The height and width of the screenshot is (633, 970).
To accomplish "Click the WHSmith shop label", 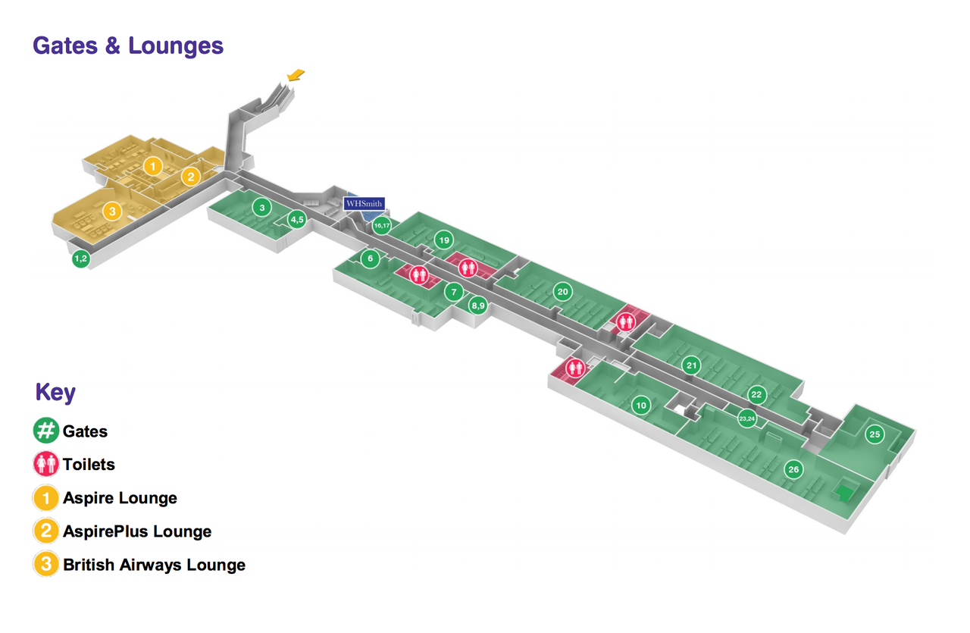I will click(x=365, y=204).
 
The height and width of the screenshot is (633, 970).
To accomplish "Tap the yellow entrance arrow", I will click(x=296, y=74).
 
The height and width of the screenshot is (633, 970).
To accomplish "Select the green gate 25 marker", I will click(x=875, y=434).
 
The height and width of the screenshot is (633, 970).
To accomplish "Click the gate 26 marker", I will click(x=793, y=469).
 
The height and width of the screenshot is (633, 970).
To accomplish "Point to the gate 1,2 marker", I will click(x=81, y=259).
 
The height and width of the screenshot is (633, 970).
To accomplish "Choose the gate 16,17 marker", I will click(x=382, y=225).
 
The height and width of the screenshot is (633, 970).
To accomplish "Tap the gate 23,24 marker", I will click(x=747, y=418).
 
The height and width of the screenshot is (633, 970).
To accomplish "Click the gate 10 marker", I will click(x=641, y=406).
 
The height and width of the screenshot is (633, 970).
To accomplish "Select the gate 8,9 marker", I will click(x=477, y=306).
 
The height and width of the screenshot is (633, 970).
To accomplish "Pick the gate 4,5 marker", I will click(x=296, y=220).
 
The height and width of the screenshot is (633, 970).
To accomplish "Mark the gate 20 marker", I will click(x=562, y=291).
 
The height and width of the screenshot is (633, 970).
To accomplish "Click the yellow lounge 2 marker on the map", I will click(x=191, y=177).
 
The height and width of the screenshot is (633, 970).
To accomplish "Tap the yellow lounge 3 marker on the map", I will click(x=112, y=212).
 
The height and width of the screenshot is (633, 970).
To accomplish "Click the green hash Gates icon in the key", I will click(x=46, y=431).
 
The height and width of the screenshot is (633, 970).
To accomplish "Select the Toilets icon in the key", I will click(x=46, y=464).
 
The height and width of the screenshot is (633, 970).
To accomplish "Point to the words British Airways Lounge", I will click(x=154, y=565).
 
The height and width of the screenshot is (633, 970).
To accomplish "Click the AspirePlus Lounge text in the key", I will click(x=137, y=531).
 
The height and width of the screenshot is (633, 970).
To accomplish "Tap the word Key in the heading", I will click(x=55, y=393).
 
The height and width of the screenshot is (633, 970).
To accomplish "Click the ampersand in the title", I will click(x=112, y=45).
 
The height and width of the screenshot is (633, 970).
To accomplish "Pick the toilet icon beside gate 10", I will click(x=575, y=368).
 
